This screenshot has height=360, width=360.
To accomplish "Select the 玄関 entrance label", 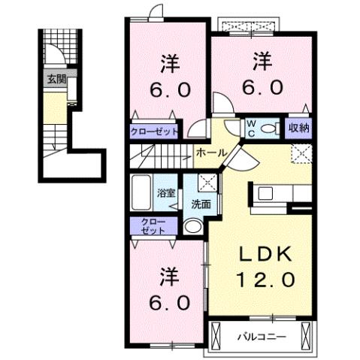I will point(56,78).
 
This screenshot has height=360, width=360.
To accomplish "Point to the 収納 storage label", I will point(298,128).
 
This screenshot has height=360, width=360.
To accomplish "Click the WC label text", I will point(253,128).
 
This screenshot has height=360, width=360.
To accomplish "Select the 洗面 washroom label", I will point(199,203).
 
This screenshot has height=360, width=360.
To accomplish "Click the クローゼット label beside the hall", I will point(155,131).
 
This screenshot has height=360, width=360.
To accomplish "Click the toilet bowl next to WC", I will point(270,128).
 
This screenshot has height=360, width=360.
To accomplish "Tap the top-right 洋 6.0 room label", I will point(262,72).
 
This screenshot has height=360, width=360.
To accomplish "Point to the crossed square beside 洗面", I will point(207,183).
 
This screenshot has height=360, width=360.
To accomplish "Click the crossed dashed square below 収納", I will point(301,153).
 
